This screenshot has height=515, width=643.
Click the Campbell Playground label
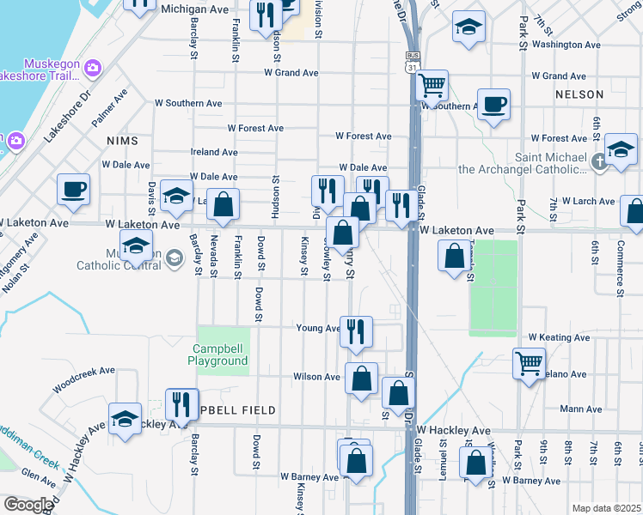(219, 354)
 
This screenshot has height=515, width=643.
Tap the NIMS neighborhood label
(121, 139)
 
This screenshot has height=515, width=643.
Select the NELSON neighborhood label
(575, 94)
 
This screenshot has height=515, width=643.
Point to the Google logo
(28, 505)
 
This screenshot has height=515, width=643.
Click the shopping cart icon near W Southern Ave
(432, 86)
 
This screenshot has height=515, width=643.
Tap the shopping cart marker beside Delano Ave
(528, 362)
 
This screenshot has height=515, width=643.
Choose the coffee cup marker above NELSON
(493, 105)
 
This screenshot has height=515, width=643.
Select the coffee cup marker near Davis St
(73, 189)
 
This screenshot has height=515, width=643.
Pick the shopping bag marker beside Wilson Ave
(362, 378)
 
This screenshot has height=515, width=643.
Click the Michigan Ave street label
(195, 9)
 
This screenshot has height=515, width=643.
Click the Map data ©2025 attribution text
(606, 508)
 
